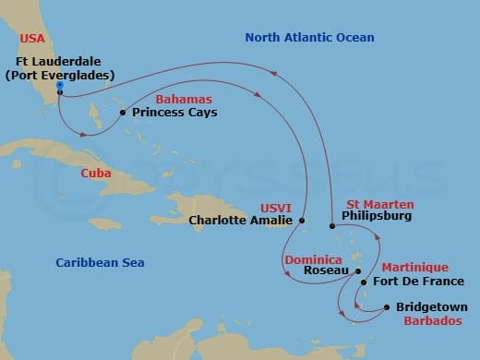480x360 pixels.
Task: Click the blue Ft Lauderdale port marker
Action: [59, 90]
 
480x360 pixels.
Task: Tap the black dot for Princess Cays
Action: [123, 114]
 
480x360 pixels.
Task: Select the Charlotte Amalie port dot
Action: [303, 221]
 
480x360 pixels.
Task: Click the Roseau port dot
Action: [358, 271]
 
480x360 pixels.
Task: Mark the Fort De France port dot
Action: [363, 282]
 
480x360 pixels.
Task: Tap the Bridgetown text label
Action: [431, 307]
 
